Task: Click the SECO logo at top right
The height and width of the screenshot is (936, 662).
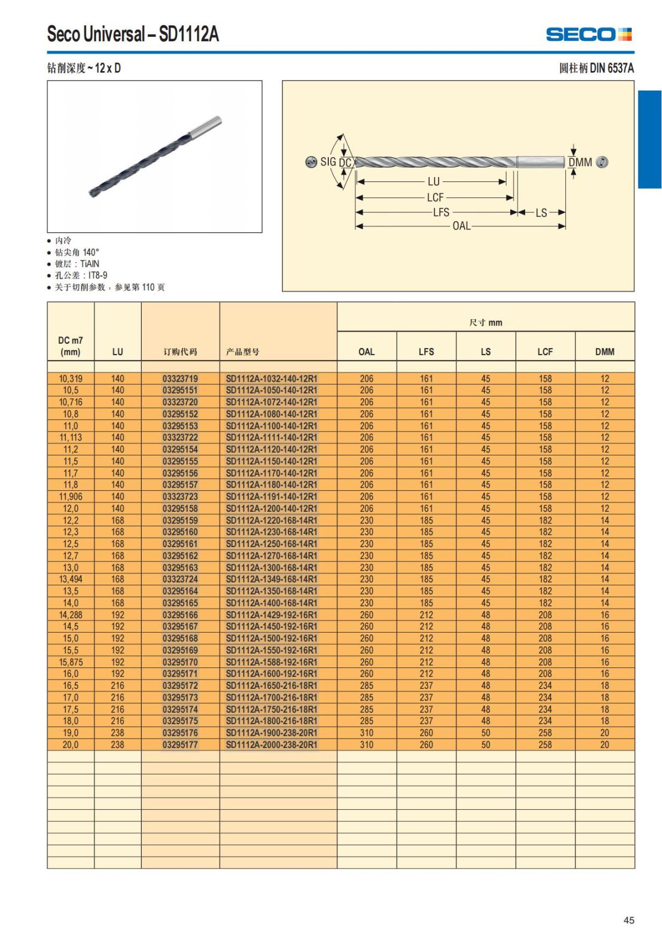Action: click(x=589, y=34)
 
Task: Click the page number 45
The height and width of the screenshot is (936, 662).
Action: click(x=629, y=920)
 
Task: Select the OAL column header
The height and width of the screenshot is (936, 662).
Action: click(x=366, y=351)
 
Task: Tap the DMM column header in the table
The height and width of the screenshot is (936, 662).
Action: click(x=605, y=351)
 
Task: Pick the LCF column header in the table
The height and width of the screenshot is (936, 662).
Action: click(x=545, y=351)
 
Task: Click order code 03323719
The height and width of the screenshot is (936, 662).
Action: click(x=180, y=378)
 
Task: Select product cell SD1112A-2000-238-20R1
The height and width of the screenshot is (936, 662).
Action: click(x=271, y=745)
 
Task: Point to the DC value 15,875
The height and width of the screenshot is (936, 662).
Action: click(x=71, y=662)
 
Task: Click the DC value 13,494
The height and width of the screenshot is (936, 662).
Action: click(x=71, y=579)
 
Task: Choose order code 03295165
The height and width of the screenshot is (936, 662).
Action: click(x=180, y=603)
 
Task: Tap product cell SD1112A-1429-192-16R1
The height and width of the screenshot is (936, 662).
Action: click(x=271, y=615)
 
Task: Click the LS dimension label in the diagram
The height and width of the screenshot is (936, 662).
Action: click(x=541, y=213)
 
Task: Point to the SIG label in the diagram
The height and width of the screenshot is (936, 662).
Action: click(x=328, y=162)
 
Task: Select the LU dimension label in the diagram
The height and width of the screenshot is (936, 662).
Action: click(x=434, y=181)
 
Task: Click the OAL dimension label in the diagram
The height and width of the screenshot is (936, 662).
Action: click(x=461, y=226)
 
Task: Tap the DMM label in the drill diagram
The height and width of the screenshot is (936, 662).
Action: click(x=580, y=162)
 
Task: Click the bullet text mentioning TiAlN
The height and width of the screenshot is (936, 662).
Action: click(x=77, y=264)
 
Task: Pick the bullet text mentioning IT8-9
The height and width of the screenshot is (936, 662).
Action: click(x=81, y=275)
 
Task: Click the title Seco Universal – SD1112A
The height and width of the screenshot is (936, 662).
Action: click(x=133, y=34)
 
